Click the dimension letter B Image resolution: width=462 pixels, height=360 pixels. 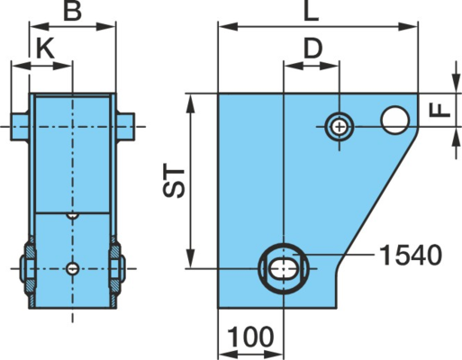click(x=72, y=12)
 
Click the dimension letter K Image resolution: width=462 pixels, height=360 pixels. click(x=45, y=49)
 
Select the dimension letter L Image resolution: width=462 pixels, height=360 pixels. click(x=311, y=12)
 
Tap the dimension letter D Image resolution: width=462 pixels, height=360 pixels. click(x=313, y=49)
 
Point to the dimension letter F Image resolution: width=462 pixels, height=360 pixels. click(x=440, y=110)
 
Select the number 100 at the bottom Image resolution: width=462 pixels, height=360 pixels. click(x=250, y=337)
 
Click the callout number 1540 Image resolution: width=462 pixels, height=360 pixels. click(x=411, y=256)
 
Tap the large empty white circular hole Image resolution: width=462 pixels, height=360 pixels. click(x=394, y=120)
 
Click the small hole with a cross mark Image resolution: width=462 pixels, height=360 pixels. click(x=340, y=127)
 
